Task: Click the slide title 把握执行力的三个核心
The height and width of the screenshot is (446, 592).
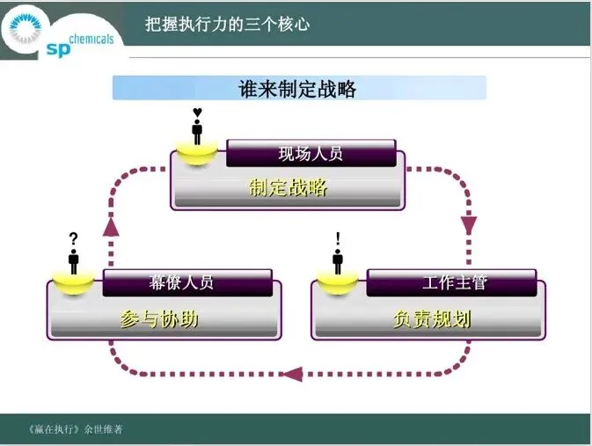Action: (x=227, y=24)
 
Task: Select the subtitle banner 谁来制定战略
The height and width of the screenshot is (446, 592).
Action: (x=298, y=89)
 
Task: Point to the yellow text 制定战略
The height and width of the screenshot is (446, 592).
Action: (x=288, y=187)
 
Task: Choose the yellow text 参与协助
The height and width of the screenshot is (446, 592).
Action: (x=159, y=318)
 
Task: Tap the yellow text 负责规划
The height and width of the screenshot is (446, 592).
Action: (x=432, y=318)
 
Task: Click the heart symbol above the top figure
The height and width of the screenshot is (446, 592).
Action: (x=197, y=113)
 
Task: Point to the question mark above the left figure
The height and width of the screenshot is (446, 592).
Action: (x=74, y=238)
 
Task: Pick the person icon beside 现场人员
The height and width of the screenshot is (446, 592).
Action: (x=197, y=133)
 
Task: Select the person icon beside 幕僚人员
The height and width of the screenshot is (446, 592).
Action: (x=74, y=260)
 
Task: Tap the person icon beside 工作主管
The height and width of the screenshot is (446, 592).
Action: (x=338, y=260)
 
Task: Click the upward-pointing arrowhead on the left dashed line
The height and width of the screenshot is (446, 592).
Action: (x=111, y=226)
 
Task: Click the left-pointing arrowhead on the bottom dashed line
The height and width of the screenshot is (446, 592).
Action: (x=291, y=374)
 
